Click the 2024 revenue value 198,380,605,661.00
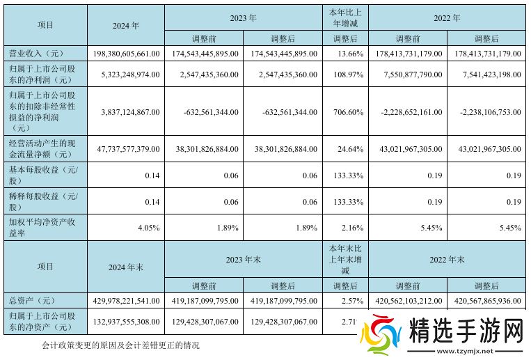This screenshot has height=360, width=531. pyautogui.click(x=126, y=52)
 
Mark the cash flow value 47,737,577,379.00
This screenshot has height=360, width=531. pyautogui.click(x=126, y=149)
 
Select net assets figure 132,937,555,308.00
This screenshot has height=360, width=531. pyautogui.click(x=126, y=323)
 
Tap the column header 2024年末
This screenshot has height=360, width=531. pyautogui.click(x=126, y=267)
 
